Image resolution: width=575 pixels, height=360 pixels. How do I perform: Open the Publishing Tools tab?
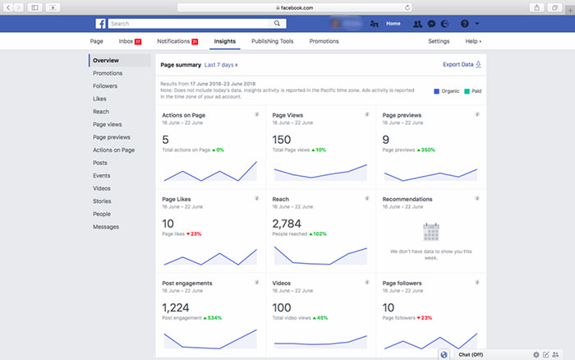tap(273, 40)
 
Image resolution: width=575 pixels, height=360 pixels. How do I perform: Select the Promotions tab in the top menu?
tap(324, 40)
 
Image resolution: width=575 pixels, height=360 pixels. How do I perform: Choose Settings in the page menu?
tap(439, 40)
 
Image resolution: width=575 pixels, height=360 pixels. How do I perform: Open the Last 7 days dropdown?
tap(221, 63)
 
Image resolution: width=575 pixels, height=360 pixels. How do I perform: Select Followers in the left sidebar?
tap(104, 85)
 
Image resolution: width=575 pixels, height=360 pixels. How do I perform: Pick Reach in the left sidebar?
tap(101, 111)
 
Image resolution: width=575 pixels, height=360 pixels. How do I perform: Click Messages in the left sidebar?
tap(106, 227)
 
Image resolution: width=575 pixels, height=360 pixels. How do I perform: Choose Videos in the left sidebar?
tap(102, 188)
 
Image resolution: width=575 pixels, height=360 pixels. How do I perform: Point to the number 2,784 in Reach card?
tap(288, 224)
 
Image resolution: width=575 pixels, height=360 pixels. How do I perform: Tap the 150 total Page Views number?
tap(282, 140)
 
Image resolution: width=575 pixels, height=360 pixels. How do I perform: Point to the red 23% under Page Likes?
tap(195, 234)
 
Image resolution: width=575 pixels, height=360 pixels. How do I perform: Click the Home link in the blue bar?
tap(393, 24)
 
